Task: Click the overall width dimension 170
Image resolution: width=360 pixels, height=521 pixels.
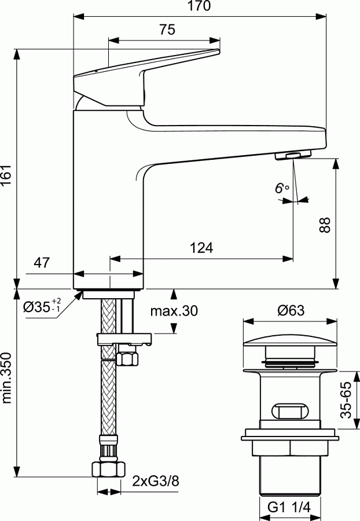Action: (x=200, y=6)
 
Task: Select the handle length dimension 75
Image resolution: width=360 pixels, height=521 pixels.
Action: (x=167, y=31)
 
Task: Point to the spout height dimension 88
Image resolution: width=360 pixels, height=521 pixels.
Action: (x=325, y=224)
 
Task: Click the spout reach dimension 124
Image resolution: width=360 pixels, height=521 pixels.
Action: (x=201, y=248)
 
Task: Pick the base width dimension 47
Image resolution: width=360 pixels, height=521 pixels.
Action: (x=41, y=263)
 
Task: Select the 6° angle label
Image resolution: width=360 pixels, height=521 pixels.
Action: (x=281, y=188)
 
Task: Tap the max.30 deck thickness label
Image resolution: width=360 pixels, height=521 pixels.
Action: (x=174, y=311)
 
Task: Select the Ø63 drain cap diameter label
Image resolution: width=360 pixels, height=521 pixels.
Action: (x=291, y=311)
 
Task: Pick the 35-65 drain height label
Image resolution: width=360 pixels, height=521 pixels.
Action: (x=346, y=400)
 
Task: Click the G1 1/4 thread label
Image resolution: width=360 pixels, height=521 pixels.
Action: (x=289, y=507)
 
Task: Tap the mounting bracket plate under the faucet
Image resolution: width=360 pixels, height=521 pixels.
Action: (x=123, y=338)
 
